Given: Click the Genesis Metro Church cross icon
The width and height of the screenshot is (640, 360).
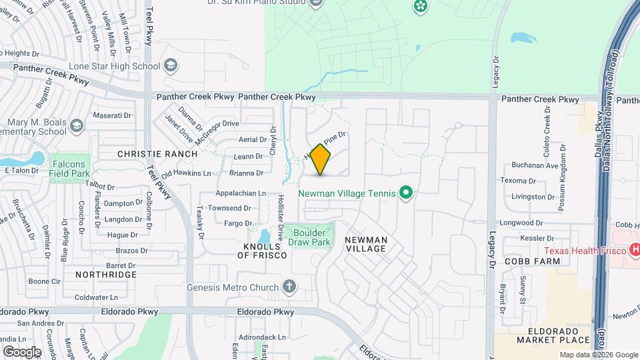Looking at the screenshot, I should coord(289,287).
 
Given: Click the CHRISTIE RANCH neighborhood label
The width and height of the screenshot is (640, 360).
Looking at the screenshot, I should coord(157,154).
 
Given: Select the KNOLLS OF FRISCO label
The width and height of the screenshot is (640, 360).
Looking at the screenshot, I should coord(265,250).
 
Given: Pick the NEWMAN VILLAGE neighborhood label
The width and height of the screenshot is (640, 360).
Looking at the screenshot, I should coord(366,244).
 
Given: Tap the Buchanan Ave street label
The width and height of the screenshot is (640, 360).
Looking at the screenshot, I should coord(535,165).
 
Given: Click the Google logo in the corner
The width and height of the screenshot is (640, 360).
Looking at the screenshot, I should coord(22,351).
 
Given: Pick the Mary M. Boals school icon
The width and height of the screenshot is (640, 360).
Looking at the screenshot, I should coord(77,125).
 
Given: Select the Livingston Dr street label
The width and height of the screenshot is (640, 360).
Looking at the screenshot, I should coord(533,197).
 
